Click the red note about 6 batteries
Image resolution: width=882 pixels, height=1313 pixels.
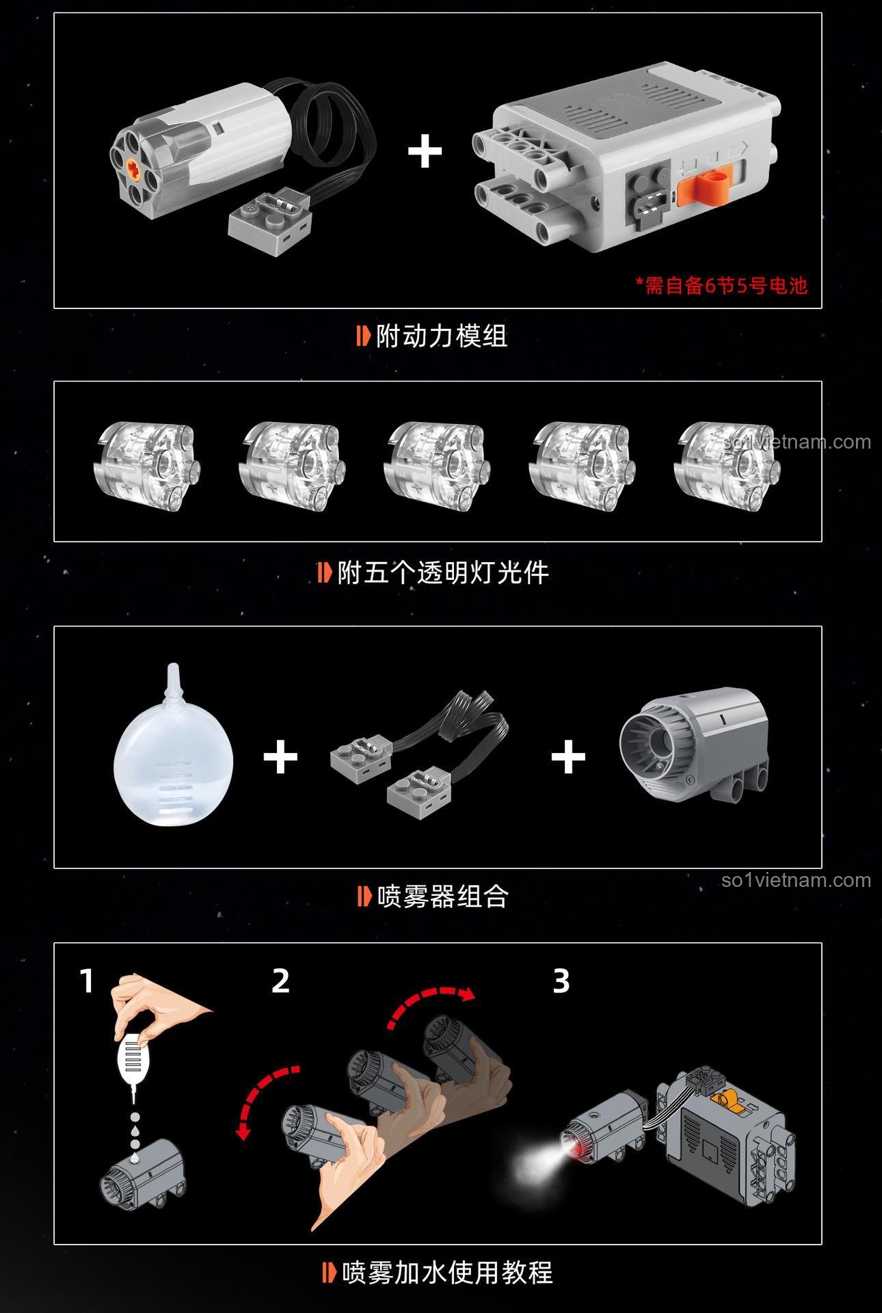pyautogui.click(x=722, y=285)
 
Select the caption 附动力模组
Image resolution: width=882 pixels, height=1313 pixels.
pyautogui.click(x=433, y=336)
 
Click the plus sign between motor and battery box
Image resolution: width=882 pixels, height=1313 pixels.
pyautogui.click(x=425, y=152)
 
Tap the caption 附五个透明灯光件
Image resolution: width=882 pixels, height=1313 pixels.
pyautogui.click(x=434, y=572)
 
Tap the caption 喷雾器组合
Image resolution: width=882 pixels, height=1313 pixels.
pyautogui.click(x=433, y=896)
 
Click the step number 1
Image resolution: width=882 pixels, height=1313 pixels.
pyautogui.click(x=86, y=981)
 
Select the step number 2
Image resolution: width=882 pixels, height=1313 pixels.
pyautogui.click(x=281, y=981)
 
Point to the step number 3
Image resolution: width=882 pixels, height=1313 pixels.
pyautogui.click(x=561, y=981)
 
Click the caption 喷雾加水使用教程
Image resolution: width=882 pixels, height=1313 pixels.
pyautogui.click(x=438, y=1273)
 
